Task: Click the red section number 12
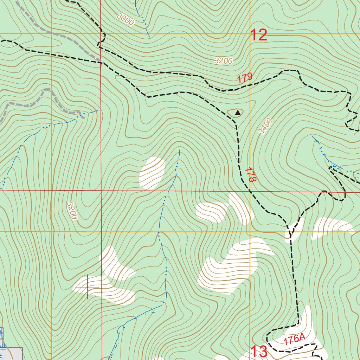pos(258,35)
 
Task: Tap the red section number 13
pos(259,352)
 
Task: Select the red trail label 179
pos(245,78)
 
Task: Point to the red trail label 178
pos(250,174)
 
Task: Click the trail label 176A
pos(294,339)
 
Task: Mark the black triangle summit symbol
pos(238,113)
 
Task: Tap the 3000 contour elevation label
pos(126,20)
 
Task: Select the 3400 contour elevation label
pos(265,127)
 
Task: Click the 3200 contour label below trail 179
pos(223,61)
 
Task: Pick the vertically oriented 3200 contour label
pos(72,211)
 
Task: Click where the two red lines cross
pos(101,191)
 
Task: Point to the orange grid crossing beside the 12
pos(250,34)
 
